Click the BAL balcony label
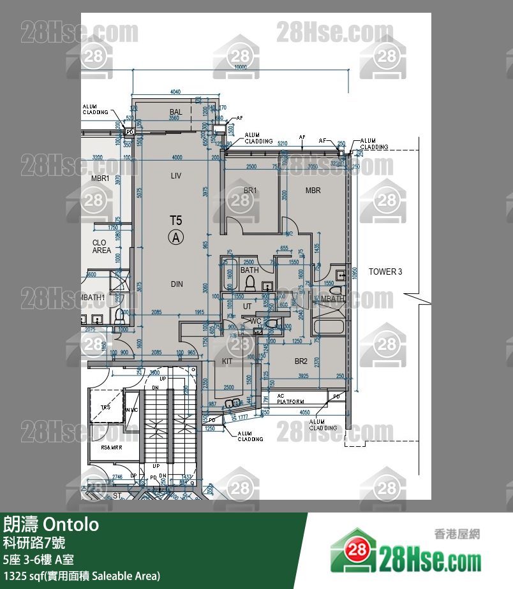pyautogui.click(x=176, y=112)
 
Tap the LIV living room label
pyautogui.click(x=177, y=175)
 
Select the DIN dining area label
pyautogui.click(x=177, y=284)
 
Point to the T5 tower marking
pyautogui.click(x=176, y=221)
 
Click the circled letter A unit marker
pyautogui.click(x=176, y=238)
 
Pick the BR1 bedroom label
pyautogui.click(x=249, y=191)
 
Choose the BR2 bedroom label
pyautogui.click(x=301, y=361)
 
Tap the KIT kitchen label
pyautogui.click(x=227, y=361)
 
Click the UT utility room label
pyautogui.click(x=248, y=307)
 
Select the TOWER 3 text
pyautogui.click(x=385, y=272)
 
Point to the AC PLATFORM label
pyautogui.click(x=290, y=399)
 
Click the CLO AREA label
pyautogui.click(x=101, y=247)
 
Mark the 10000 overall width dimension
pyautogui.click(x=240, y=68)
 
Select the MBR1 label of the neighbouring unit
pyautogui.click(x=100, y=178)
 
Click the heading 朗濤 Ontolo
pyautogui.click(x=51, y=525)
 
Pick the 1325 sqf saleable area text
pyautogui.click(x=81, y=576)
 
